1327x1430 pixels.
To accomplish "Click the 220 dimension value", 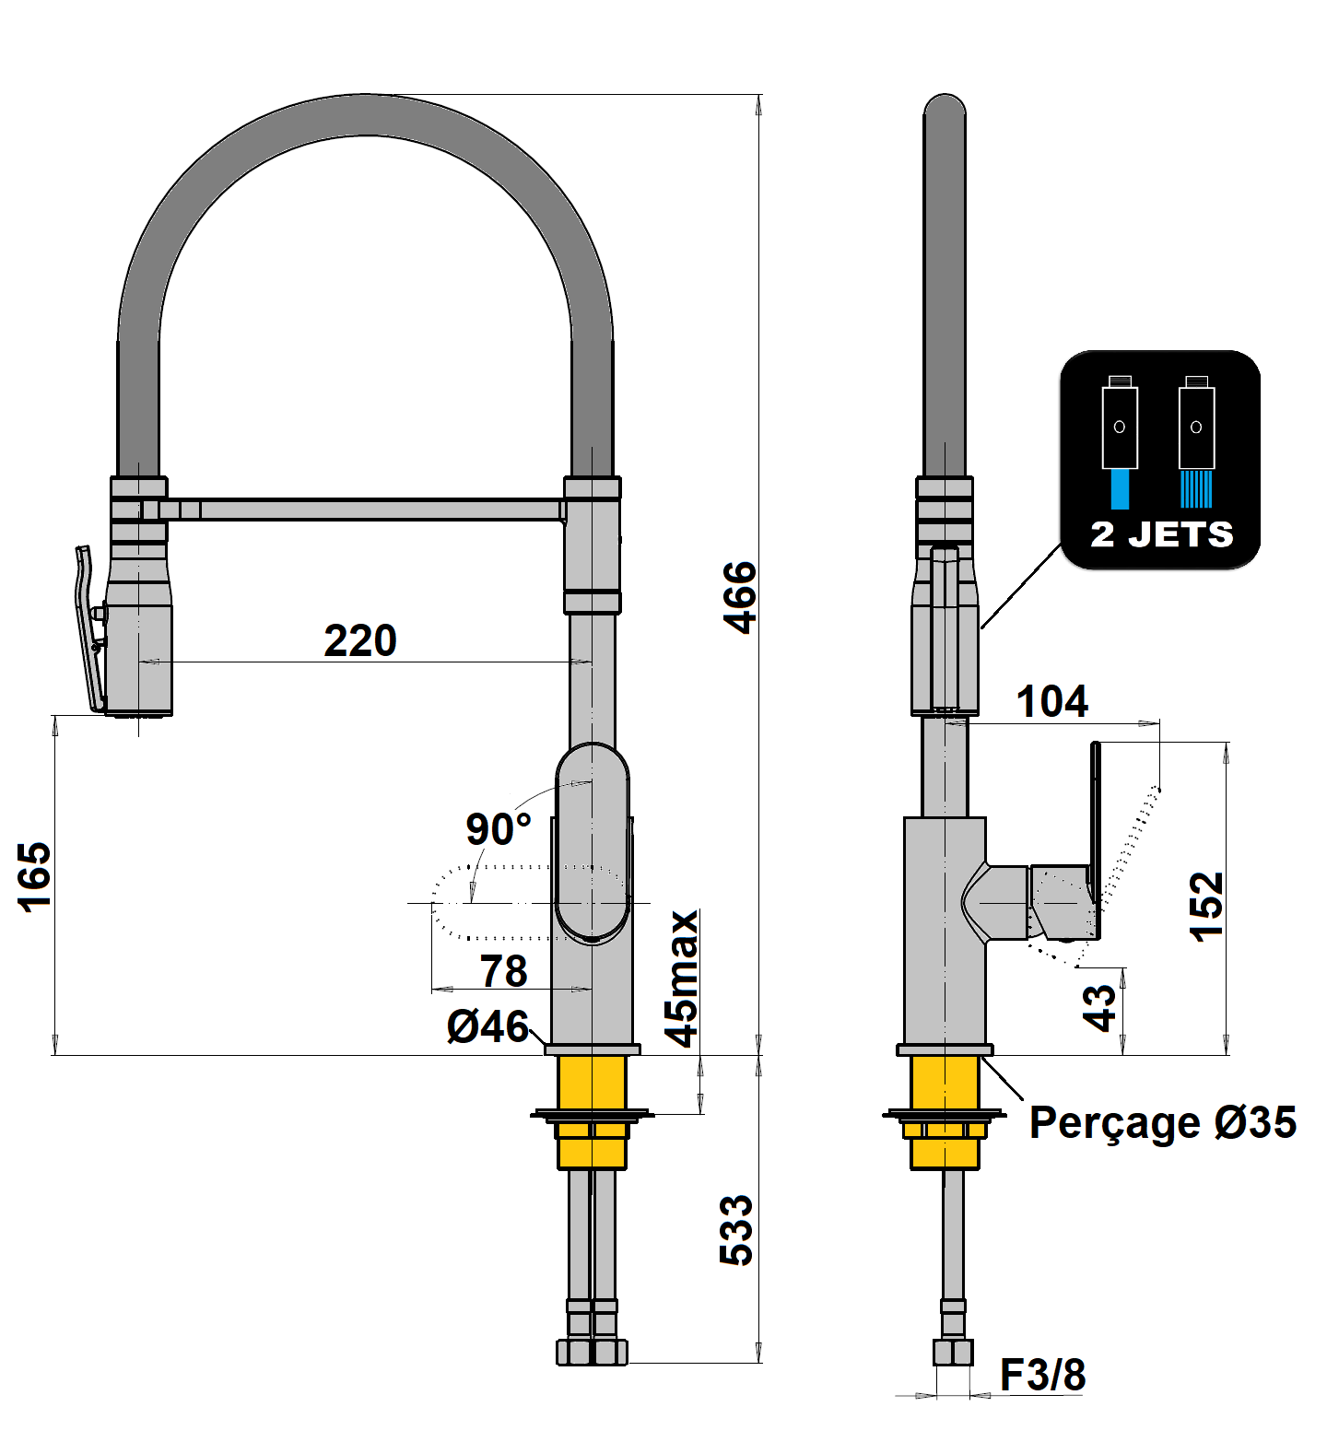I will coord(360,640).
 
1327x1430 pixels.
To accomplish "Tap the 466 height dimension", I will coord(739,597).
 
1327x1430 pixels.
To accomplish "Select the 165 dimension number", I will coord(35,876).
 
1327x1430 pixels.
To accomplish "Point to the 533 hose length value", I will coord(736,1230).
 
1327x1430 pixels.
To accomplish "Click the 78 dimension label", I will coord(503,971).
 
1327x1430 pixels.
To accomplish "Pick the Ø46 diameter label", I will coord(488,1026).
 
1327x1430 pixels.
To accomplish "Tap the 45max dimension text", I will coord(683,979).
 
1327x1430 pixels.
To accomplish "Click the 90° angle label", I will coord(498,829).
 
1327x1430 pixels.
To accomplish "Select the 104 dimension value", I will coord(1051,702).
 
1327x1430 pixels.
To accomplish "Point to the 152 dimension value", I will coord(1206,907).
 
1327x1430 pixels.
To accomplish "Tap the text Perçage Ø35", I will coord(1162,1122).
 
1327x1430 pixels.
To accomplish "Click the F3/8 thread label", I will coord(1042,1375).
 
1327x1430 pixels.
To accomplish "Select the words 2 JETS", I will coord(1161,534).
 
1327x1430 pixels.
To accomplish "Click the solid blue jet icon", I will coord(1120,488).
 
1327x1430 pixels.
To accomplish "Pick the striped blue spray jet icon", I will coord(1196,488).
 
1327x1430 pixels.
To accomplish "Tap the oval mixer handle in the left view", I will coord(593,843).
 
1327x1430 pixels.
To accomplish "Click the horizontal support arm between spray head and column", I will coord(369,509).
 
